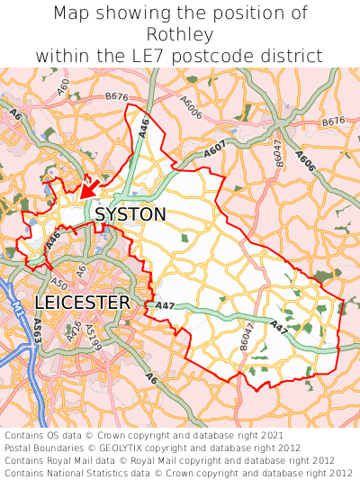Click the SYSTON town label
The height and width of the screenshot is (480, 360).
tap(130, 214)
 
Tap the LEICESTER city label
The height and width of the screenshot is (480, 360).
tap(82, 303)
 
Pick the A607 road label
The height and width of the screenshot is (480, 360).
tap(215, 153)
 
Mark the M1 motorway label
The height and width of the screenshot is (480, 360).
tap(17, 311)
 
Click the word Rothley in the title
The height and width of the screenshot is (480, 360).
tap(179, 34)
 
